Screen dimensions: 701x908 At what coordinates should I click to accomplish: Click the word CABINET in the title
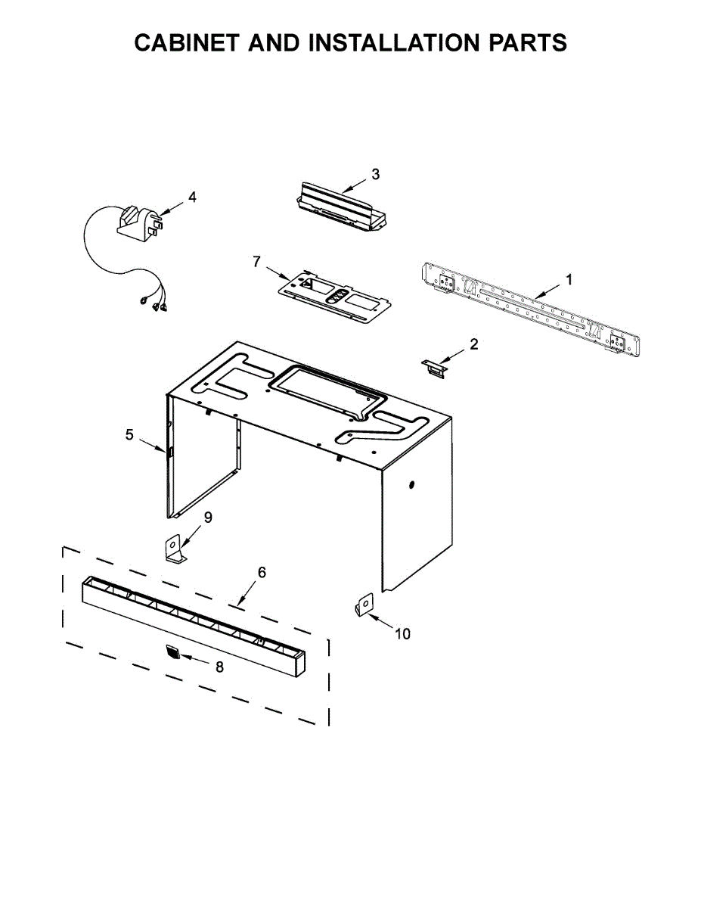point(194,43)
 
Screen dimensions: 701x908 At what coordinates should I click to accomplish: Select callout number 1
point(569,280)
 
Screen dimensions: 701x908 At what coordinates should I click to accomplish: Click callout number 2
point(474,344)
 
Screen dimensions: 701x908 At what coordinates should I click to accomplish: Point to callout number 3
point(376,174)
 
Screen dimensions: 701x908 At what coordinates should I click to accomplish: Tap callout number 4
point(192,197)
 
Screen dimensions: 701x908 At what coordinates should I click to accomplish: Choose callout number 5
point(129,435)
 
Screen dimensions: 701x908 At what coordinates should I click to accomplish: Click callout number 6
point(262,572)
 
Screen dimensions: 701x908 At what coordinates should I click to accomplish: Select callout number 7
point(256,262)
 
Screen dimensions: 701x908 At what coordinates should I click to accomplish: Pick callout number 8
point(219,667)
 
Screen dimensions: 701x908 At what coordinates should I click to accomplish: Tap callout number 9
point(207,518)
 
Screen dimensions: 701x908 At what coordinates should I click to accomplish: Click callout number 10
point(403,634)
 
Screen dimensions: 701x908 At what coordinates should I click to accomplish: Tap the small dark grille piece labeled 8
point(174,653)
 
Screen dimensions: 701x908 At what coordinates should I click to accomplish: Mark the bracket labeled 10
point(363,605)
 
